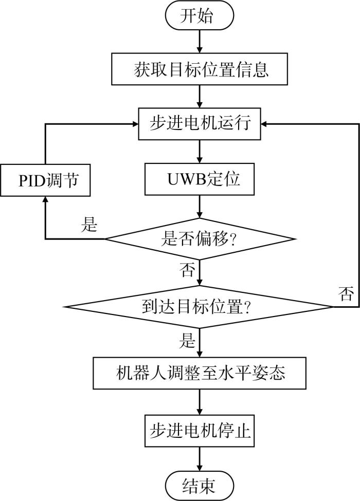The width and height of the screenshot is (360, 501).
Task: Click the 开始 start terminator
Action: [200, 15]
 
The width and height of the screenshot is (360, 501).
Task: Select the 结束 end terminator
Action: [200, 486]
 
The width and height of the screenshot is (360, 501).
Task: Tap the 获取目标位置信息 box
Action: [200, 69]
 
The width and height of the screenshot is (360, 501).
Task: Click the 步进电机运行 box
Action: [200, 124]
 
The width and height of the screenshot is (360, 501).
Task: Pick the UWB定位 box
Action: [200, 179]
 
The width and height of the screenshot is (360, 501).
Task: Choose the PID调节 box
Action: [45, 180]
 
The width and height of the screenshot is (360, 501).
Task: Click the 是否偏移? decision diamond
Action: [200, 238]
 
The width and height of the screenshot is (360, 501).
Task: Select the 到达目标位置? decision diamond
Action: [199, 307]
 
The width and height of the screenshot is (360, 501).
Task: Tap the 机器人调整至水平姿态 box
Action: [200, 373]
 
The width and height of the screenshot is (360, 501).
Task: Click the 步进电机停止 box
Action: [200, 431]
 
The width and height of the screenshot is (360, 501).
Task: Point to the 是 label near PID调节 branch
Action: [89, 225]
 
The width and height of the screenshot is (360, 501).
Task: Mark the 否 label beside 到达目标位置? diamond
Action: [346, 293]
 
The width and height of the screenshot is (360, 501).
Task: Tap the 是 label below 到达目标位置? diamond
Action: [187, 340]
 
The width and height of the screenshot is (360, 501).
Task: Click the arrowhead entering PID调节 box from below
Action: [45, 199]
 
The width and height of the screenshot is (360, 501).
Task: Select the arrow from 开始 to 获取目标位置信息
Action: [200, 42]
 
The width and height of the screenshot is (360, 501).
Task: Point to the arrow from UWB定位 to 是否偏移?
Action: [200, 207]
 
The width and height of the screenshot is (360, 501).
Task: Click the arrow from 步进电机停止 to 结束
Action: [200, 459]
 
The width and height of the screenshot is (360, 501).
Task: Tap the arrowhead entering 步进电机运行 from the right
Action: [264, 124]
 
